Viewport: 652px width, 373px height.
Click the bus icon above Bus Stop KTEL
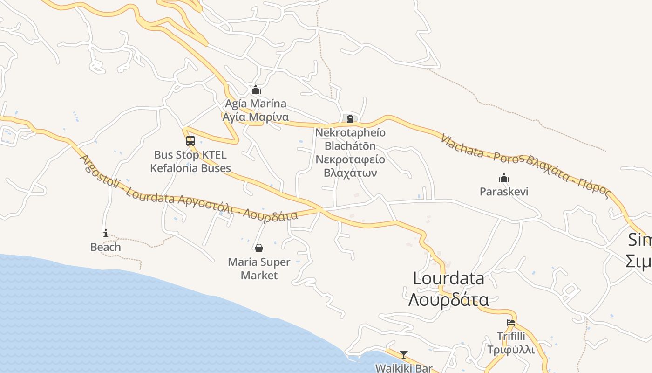tap(190, 140)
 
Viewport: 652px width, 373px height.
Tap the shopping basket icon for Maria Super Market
tap(259, 248)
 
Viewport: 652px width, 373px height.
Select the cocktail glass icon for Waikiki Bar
tap(403, 355)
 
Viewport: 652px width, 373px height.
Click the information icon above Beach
tap(106, 233)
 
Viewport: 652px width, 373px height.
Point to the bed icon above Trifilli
tap(511, 323)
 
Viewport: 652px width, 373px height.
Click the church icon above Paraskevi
tap(504, 178)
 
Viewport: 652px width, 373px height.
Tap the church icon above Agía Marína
tap(256, 90)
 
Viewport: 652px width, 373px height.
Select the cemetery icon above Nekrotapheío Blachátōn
tap(350, 118)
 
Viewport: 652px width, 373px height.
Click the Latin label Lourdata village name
tap(448, 278)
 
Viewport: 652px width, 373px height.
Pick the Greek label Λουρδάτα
tap(448, 299)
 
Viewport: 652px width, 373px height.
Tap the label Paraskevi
tap(504, 192)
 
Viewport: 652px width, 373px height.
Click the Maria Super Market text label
tap(259, 269)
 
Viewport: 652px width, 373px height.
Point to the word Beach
tap(106, 247)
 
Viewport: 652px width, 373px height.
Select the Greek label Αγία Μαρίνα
tap(256, 117)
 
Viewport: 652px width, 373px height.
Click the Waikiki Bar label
tap(404, 368)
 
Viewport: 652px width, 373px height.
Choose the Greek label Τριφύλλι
tap(511, 350)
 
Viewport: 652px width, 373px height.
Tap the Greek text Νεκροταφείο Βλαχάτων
tap(350, 166)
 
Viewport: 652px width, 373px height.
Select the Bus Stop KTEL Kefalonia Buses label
tap(190, 161)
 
